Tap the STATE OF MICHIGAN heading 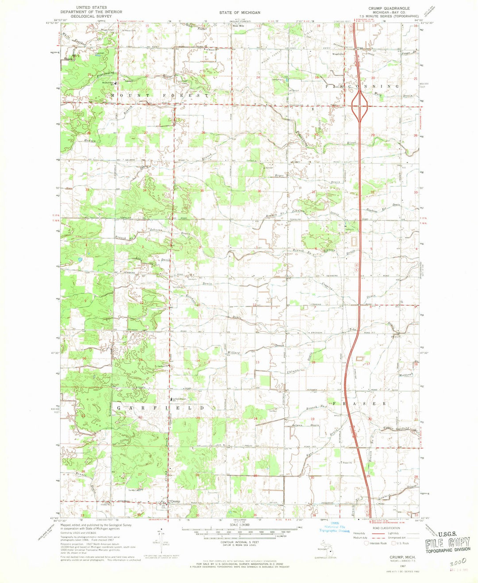click(239, 13)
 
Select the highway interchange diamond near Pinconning click(360, 105)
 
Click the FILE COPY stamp click(447, 544)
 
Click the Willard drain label click(234, 353)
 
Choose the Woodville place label click(339, 54)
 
